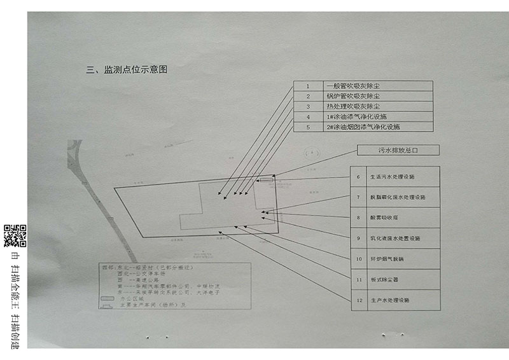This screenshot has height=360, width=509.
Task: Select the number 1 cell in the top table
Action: coord(307,86)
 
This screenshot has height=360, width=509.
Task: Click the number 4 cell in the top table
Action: coord(307,117)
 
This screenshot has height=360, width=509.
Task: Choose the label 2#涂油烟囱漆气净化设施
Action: coord(363,127)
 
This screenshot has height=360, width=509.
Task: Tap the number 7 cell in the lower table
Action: coord(359,197)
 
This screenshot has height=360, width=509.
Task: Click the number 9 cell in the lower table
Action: coord(359,238)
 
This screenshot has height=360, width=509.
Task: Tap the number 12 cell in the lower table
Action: coord(359,300)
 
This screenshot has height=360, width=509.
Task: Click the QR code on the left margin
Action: coord(15,236)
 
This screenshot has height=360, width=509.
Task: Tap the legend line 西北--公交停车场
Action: coord(143,274)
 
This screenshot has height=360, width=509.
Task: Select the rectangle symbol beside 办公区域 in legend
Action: coord(108,298)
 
